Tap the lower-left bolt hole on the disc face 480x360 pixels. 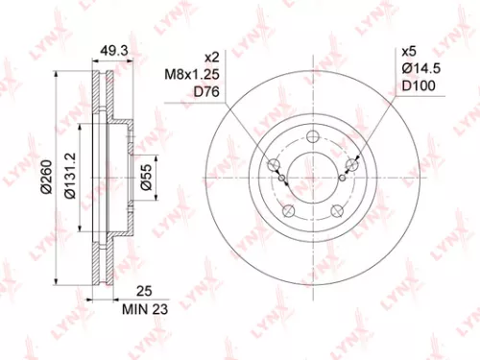285,213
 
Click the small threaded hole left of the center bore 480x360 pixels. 278,178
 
